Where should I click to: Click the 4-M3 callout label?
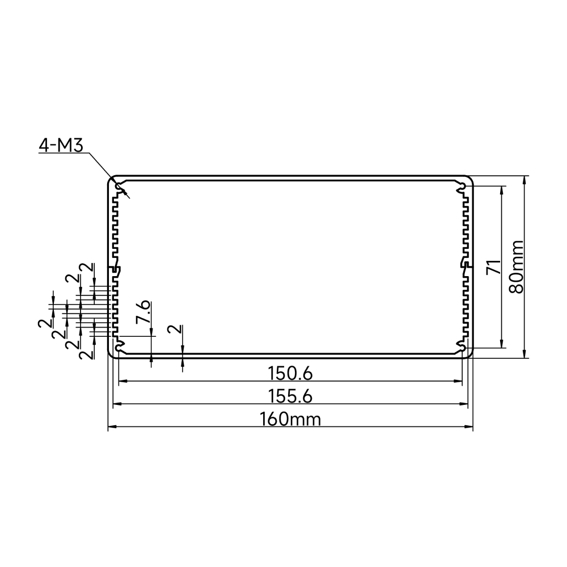61,145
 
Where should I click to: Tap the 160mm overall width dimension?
290,420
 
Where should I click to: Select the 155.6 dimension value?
290,397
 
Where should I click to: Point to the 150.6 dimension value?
290,374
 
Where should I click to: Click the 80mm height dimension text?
516,267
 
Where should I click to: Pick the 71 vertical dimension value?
493,267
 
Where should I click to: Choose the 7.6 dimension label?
143,311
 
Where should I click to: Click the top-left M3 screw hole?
119,187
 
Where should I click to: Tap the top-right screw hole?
462,187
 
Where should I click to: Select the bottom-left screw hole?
119,347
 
